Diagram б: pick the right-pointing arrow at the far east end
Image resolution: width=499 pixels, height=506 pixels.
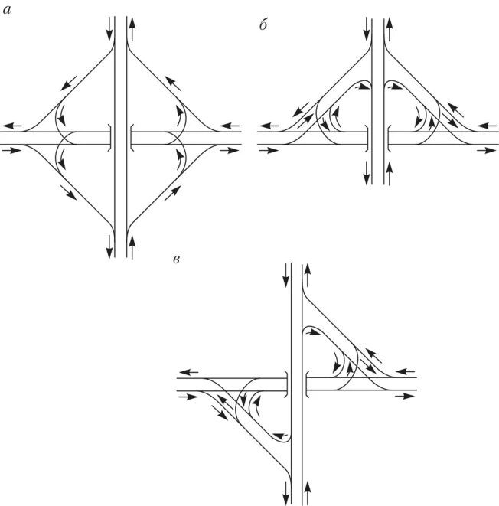click(x=487, y=151)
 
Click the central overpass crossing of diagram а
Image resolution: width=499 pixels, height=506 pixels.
click(x=121, y=138)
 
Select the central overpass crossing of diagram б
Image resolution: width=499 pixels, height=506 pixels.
click(x=378, y=138)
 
